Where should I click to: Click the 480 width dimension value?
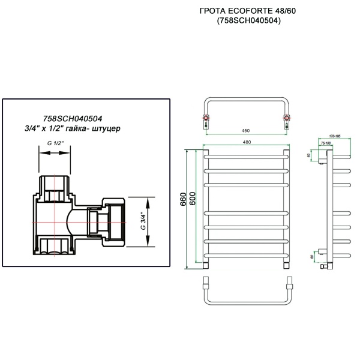click(246, 142)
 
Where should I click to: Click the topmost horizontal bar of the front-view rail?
click(246, 158)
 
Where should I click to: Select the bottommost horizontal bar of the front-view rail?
click(246, 254)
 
